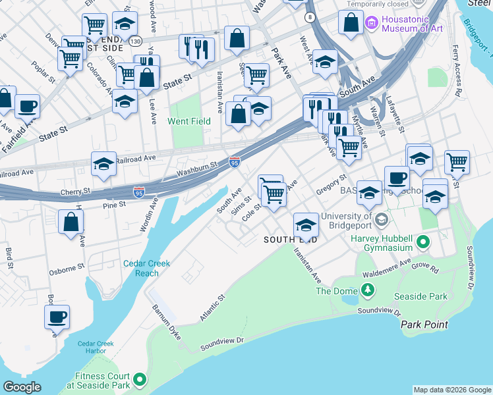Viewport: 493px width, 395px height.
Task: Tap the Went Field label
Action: [189, 122]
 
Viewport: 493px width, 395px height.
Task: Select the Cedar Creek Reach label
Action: [146, 268]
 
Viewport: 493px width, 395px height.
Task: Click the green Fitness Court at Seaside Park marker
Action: [140, 379]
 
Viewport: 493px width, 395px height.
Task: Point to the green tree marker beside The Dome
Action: [367, 290]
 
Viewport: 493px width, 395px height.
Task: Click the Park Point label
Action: [424, 325]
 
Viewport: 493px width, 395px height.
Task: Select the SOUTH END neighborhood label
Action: [291, 240]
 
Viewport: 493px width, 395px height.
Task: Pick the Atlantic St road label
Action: [212, 308]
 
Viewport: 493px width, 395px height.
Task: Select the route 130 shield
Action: [136, 41]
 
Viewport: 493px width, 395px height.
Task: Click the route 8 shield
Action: [309, 16]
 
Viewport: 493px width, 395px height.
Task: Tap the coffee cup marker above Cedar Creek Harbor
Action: [57, 317]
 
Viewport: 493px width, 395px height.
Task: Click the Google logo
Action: [22, 387]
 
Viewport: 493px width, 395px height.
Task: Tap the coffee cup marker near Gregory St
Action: [397, 178]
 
